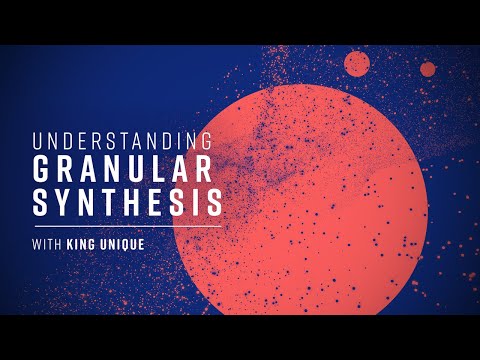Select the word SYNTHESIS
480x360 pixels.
126,202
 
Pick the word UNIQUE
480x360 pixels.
134,244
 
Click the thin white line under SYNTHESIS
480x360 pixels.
126,225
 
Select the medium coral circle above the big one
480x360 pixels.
357,64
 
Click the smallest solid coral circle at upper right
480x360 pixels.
428,69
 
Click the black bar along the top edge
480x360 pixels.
240,22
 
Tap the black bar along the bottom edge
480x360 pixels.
240,337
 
